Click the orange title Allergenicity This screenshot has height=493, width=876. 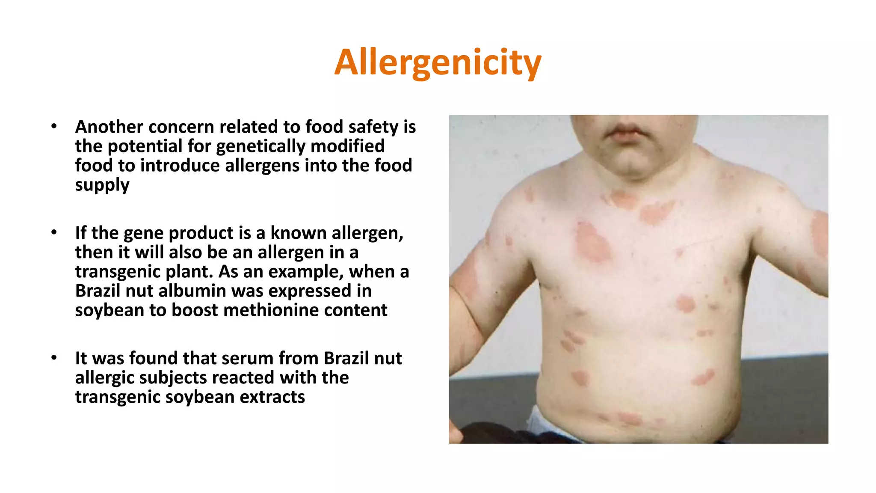pos(438,62)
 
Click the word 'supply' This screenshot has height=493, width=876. pos(102,185)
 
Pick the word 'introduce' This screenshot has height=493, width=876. pos(180,166)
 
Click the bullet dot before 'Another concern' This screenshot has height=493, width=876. pos(54,126)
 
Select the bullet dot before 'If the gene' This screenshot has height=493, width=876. pos(54,232)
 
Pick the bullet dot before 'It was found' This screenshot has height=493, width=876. pos(54,358)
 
